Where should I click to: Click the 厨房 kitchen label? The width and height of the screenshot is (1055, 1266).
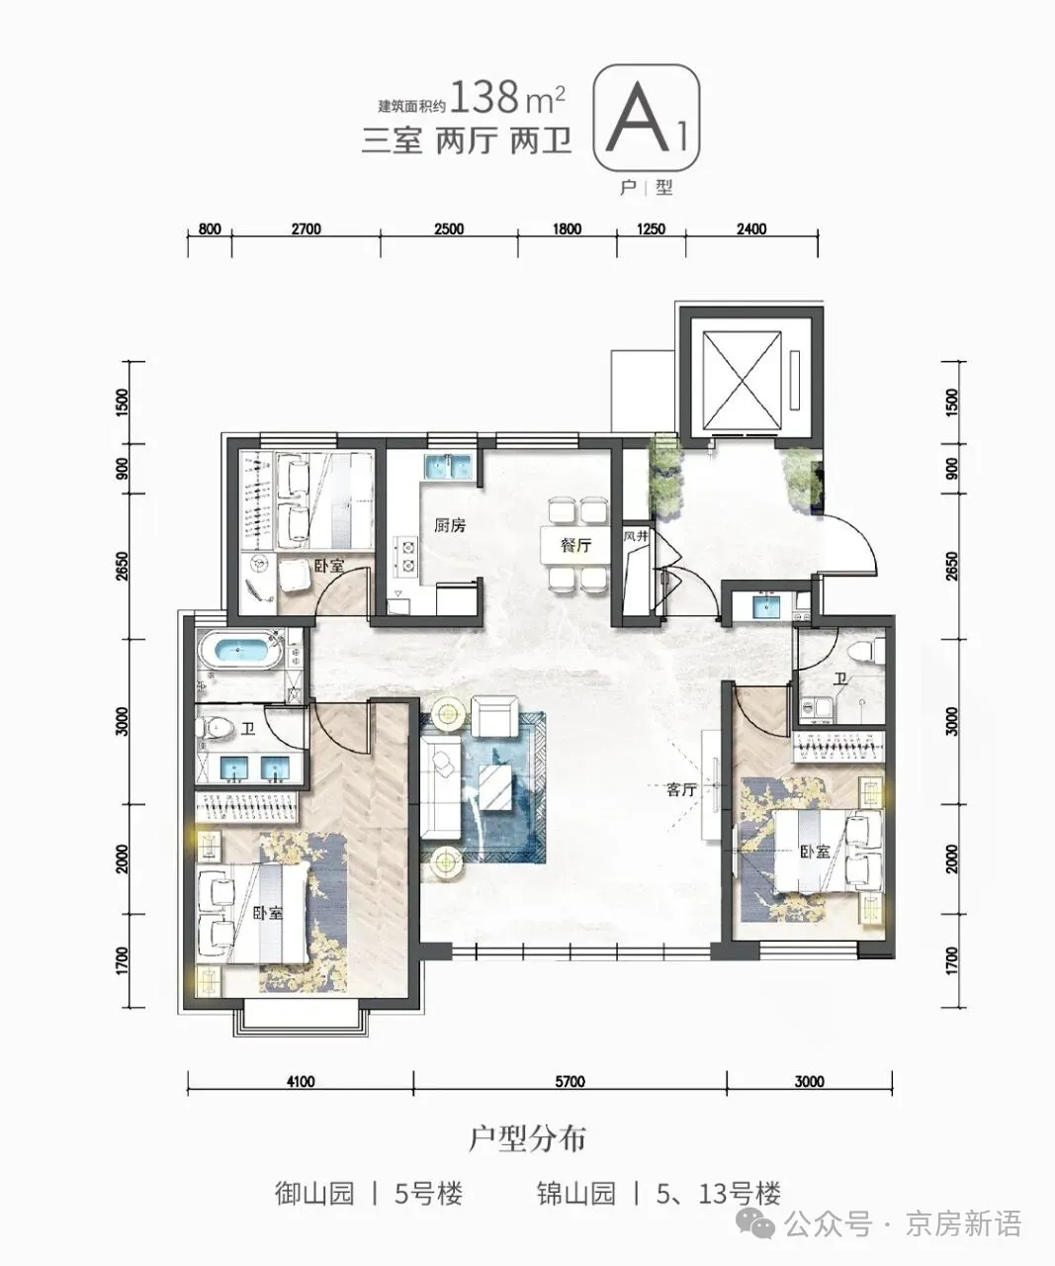[450, 525]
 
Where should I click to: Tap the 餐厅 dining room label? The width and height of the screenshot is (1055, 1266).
[575, 545]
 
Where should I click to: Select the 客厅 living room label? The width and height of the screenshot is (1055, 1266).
[681, 789]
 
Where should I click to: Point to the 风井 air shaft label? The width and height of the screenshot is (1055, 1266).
[636, 536]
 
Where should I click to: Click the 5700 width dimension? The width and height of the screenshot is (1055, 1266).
[570, 1080]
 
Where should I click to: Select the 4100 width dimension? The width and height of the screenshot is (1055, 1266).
[301, 1080]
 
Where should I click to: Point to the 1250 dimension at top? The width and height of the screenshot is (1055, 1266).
[651, 229]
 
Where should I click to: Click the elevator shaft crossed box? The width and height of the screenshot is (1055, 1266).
[741, 380]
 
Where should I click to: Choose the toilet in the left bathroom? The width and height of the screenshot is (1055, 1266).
[217, 727]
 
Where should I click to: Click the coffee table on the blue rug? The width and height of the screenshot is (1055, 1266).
[496, 786]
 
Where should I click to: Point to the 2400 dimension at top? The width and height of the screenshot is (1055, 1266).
[751, 229]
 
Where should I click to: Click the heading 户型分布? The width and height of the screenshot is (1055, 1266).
[527, 1138]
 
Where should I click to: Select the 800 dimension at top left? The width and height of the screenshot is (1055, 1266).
[210, 229]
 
